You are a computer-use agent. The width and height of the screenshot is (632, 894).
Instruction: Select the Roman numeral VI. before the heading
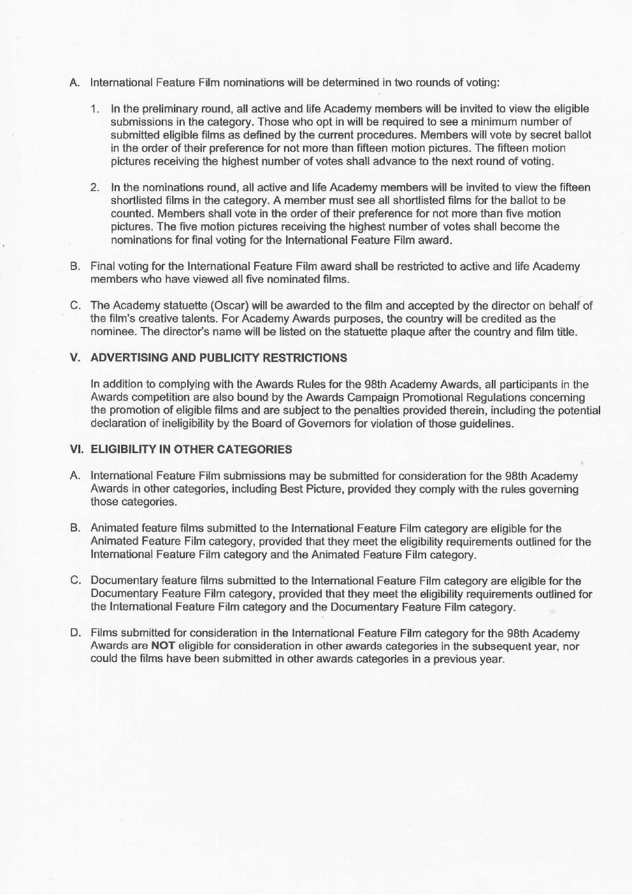click(76, 449)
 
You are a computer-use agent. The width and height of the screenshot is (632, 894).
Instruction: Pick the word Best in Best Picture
click(291, 489)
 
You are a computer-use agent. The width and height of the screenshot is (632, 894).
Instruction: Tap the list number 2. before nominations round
click(94, 187)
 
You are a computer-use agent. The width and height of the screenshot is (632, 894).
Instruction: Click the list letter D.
click(75, 633)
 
